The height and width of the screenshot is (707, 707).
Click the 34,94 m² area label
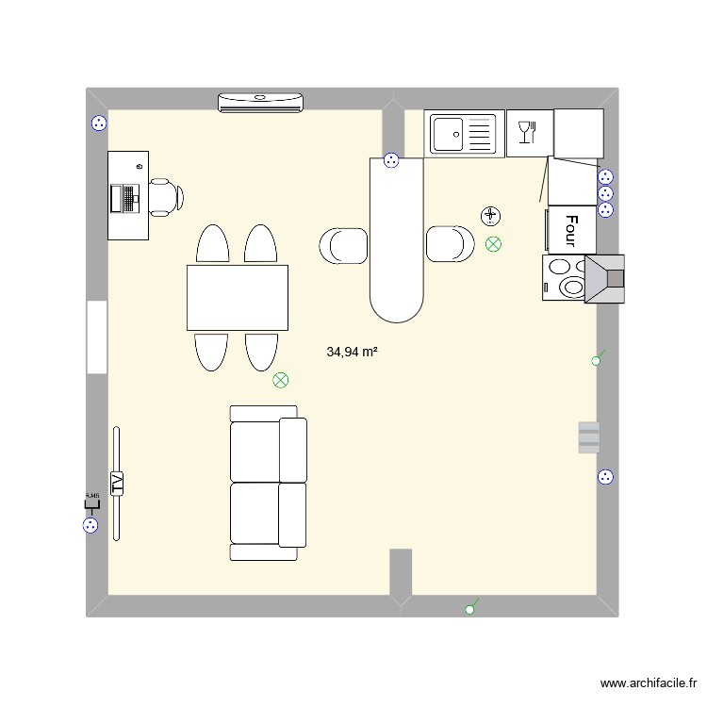tap(352, 352)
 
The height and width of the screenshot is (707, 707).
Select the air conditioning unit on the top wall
tap(261, 102)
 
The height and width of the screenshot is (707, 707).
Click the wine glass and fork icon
tap(529, 133)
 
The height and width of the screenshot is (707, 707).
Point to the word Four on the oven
tap(571, 229)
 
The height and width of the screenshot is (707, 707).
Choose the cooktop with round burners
tap(563, 278)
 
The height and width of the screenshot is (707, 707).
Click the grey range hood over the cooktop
tap(605, 278)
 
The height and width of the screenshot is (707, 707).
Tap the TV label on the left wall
tap(118, 483)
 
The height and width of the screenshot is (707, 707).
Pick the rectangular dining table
tap(237, 298)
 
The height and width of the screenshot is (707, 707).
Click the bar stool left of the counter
tap(344, 245)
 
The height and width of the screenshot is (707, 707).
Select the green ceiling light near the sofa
tap(280, 381)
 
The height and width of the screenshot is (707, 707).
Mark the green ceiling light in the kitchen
tap(493, 244)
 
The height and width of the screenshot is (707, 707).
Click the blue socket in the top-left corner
tap(98, 123)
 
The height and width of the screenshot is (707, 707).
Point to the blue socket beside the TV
tap(91, 527)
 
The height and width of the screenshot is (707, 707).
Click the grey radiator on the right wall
tap(588, 436)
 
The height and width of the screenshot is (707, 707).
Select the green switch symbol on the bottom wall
tap(471, 608)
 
